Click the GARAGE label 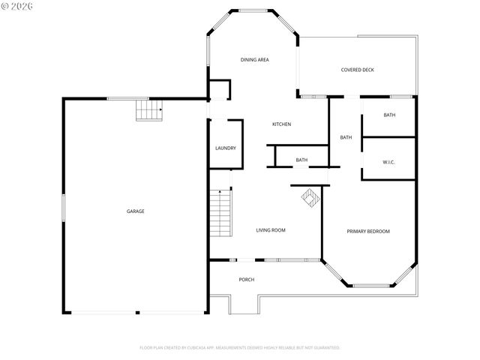point(135,211)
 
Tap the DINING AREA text point(254,59)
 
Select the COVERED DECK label point(357,70)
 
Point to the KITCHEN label point(281,124)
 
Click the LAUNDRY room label point(226,148)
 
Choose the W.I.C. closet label point(388,161)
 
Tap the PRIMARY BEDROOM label point(367,231)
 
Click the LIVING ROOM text point(270,230)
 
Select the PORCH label point(246,280)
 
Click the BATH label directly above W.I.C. point(389,115)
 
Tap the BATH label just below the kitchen point(301,160)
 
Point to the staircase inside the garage point(148,111)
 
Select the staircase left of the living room point(220,213)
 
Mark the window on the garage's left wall point(63,208)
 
